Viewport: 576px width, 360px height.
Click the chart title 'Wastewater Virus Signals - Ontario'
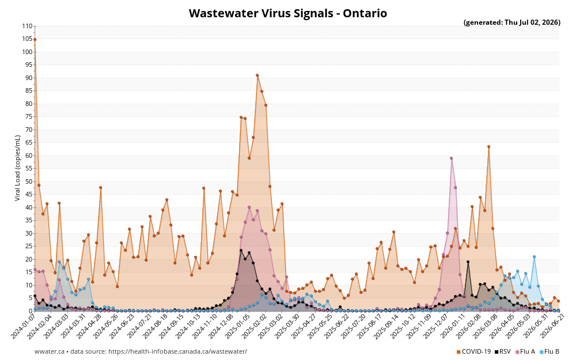(x=287, y=13)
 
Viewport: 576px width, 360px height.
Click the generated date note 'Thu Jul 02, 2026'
(x=532, y=22)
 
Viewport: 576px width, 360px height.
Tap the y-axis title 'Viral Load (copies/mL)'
(x=18, y=168)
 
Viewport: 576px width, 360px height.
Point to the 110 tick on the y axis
(x=27, y=26)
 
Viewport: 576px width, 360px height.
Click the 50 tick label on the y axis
(x=29, y=181)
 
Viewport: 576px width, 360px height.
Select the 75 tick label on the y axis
(x=29, y=117)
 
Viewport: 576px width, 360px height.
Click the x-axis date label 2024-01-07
(x=23, y=326)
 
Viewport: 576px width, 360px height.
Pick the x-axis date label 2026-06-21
(x=547, y=326)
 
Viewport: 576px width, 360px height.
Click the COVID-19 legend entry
(x=473, y=351)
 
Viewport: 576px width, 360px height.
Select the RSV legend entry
(x=502, y=351)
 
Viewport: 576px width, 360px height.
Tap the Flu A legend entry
(x=525, y=351)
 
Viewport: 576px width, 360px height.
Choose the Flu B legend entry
(x=550, y=351)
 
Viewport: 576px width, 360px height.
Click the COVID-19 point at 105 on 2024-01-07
(x=35, y=39)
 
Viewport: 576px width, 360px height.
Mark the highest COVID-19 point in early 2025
(x=257, y=75)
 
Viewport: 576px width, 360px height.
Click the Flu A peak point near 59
(x=451, y=158)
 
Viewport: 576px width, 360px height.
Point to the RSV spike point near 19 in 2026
(x=468, y=262)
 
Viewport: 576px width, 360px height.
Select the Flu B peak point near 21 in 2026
(x=534, y=257)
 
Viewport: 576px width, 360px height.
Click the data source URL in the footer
(x=178, y=351)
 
